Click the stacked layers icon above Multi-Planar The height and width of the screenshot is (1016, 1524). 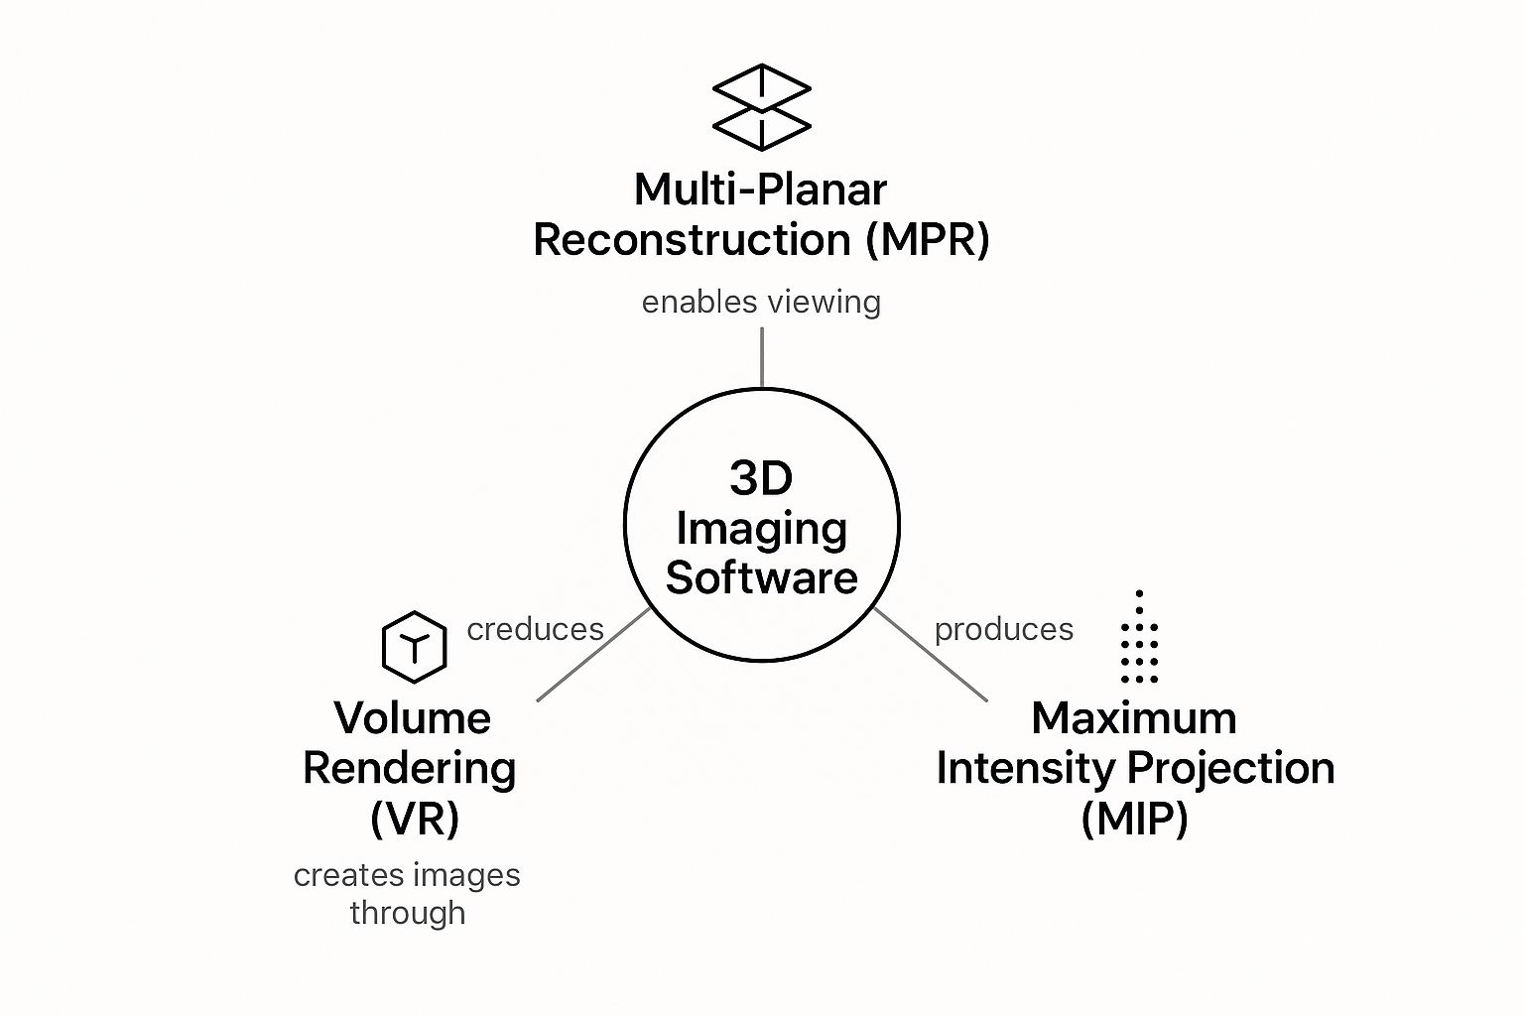click(762, 107)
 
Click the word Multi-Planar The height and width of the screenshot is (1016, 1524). click(760, 189)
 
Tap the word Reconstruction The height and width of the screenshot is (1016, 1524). click(692, 240)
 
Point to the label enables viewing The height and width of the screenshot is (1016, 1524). click(761, 302)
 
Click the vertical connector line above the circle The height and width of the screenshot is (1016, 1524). click(762, 357)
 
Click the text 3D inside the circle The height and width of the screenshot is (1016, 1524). click(761, 478)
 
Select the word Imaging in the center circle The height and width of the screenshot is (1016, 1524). click(761, 529)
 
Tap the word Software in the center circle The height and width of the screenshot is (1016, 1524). click(761, 577)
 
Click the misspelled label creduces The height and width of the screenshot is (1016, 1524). click(535, 629)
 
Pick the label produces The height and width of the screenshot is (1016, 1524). click(1003, 629)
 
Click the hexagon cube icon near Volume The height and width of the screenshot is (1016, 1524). click(414, 647)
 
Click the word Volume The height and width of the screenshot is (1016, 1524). click(412, 717)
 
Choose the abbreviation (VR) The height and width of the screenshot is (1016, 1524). click(414, 819)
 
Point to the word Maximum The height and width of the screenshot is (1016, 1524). click(1134, 717)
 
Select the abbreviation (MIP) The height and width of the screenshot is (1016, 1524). click(1134, 819)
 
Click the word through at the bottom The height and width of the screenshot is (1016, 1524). click(408, 913)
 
